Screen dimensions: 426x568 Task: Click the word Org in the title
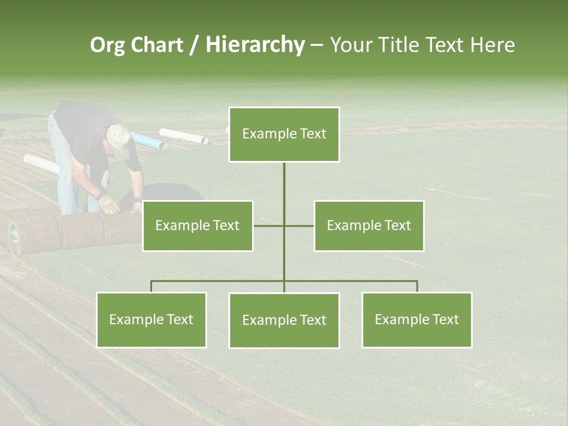106,45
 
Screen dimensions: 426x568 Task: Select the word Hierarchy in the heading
255,45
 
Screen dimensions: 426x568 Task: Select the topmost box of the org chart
284,134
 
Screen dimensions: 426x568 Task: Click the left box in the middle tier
198,225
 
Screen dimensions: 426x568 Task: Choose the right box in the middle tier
369,225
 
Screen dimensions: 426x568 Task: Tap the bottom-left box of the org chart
151,319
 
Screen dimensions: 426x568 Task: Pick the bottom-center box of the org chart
284,320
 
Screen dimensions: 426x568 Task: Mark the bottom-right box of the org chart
417,319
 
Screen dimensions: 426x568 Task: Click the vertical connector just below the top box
284,183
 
